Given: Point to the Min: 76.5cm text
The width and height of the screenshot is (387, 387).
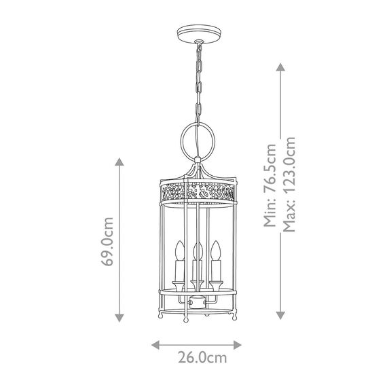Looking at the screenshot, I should [271, 187].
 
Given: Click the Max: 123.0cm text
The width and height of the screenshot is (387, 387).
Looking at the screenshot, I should [290, 183].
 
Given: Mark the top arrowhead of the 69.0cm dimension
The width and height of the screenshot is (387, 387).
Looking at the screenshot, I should [120, 162].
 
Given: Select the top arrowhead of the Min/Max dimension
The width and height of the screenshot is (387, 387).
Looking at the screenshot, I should [280, 66].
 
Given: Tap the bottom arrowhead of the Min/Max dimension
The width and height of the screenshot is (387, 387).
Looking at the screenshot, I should [280, 316].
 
